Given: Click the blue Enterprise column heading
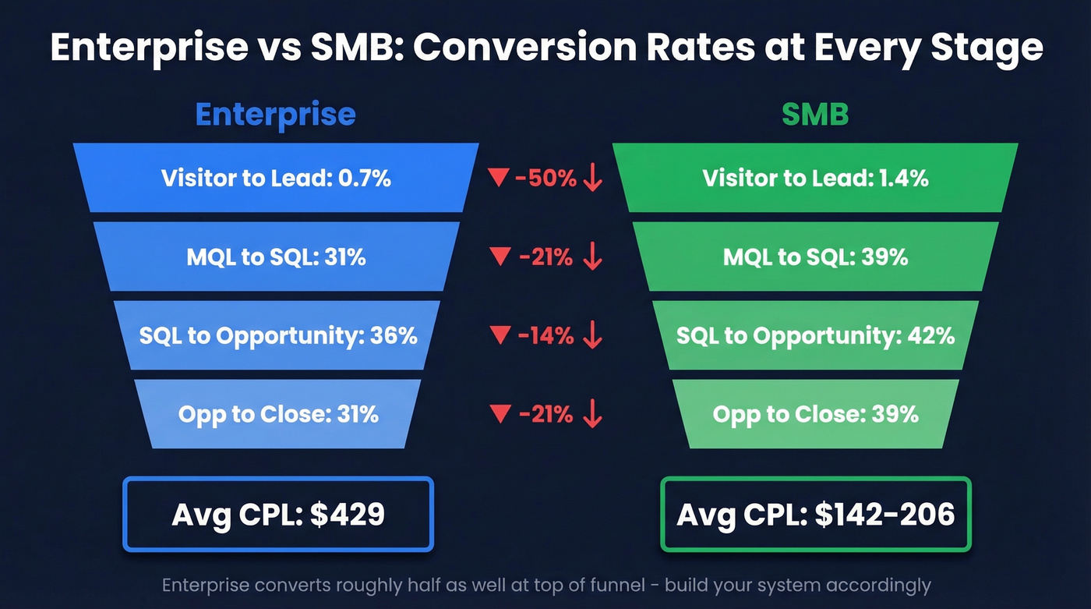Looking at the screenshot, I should (275, 115).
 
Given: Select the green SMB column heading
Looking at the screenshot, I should (814, 115).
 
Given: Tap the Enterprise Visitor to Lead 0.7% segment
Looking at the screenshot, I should (276, 179).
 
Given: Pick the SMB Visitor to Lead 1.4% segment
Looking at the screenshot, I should (815, 179).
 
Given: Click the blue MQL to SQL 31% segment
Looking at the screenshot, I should (276, 257).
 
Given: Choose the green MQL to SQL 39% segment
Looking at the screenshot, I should (815, 257).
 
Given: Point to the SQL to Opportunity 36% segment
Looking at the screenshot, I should (277, 335).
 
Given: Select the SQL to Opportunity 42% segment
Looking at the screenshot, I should (815, 335).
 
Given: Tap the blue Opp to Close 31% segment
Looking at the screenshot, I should (278, 413).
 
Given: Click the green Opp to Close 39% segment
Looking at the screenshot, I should (815, 413).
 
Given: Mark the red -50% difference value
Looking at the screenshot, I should (545, 179).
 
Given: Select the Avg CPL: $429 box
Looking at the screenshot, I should (277, 515).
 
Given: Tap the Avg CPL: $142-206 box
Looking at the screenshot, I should (815, 515).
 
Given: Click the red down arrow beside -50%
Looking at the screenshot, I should (593, 179).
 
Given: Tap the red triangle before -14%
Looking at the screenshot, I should (499, 335).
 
